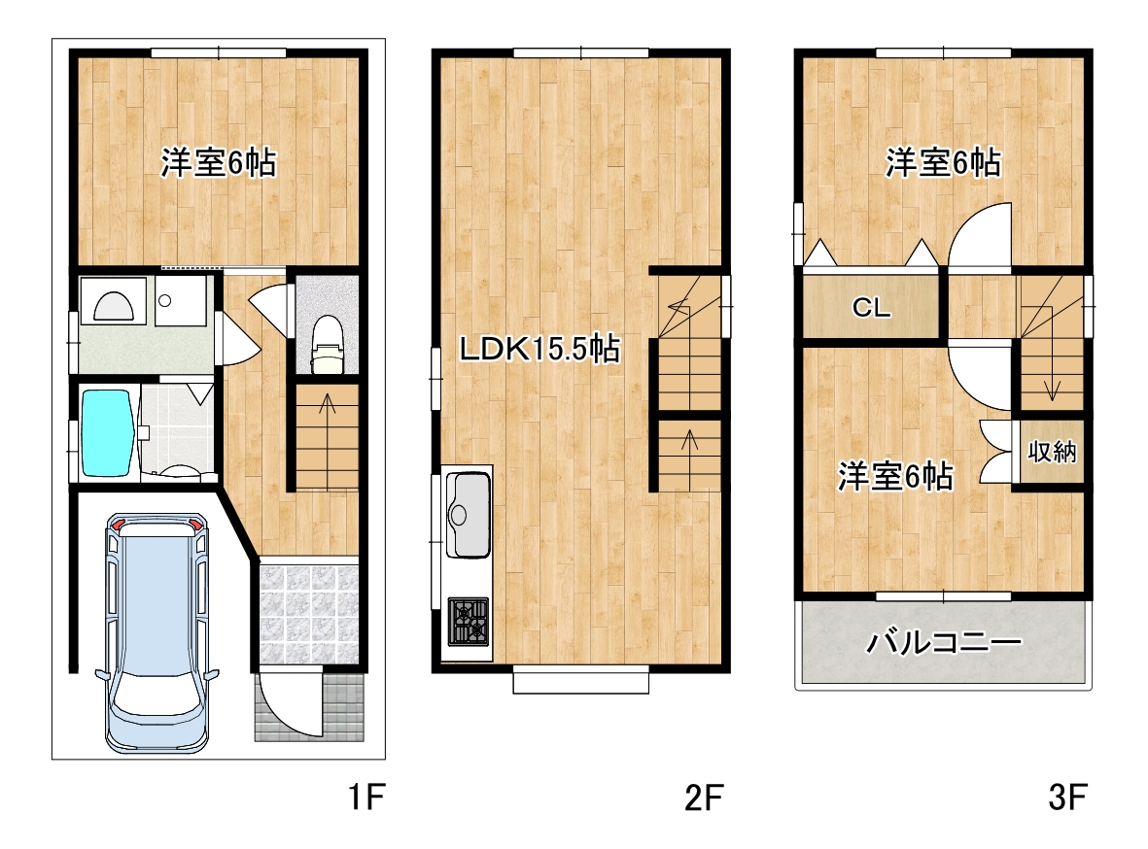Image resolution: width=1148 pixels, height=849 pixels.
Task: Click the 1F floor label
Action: (365, 797)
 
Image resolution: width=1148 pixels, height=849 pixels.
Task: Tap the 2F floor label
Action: (704, 798)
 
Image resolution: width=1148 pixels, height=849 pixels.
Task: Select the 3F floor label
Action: (1067, 798)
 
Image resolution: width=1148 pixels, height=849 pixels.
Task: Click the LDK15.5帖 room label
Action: (539, 349)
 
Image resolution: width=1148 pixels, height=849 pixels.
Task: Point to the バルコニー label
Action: (943, 643)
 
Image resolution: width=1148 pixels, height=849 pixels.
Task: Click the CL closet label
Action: (871, 307)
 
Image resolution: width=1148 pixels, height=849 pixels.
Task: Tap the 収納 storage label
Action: (1052, 452)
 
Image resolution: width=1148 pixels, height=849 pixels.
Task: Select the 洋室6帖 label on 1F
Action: (218, 162)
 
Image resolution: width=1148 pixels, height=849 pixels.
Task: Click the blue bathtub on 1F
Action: (108, 433)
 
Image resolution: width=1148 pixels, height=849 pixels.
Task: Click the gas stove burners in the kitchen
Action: (469, 622)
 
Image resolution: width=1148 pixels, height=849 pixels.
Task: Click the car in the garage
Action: (157, 632)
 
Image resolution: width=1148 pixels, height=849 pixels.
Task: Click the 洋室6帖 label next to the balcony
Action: (895, 476)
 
